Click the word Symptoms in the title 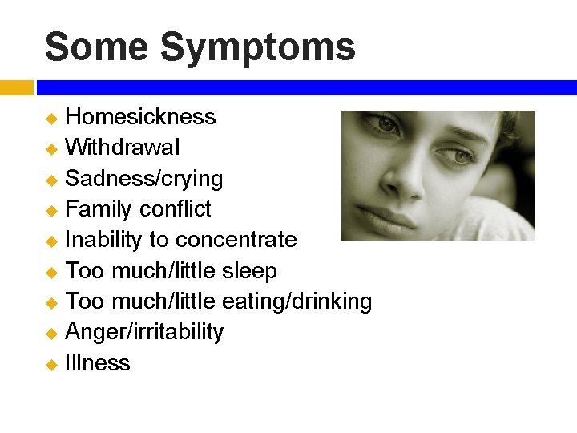pyautogui.click(x=258, y=48)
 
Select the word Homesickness pyautogui.click(x=140, y=117)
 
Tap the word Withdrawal pyautogui.click(x=123, y=148)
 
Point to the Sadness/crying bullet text pyautogui.click(x=144, y=179)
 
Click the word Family pyautogui.click(x=98, y=209)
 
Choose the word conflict pyautogui.click(x=175, y=209)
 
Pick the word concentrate pyautogui.click(x=236, y=240)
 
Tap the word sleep pyautogui.click(x=248, y=271)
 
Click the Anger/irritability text pyautogui.click(x=144, y=333)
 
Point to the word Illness pyautogui.click(x=98, y=363)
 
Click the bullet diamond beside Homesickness pyautogui.click(x=51, y=119)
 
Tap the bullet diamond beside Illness pyautogui.click(x=51, y=365)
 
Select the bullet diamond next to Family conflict pyautogui.click(x=51, y=211)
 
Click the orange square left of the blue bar pyautogui.click(x=16, y=87)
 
